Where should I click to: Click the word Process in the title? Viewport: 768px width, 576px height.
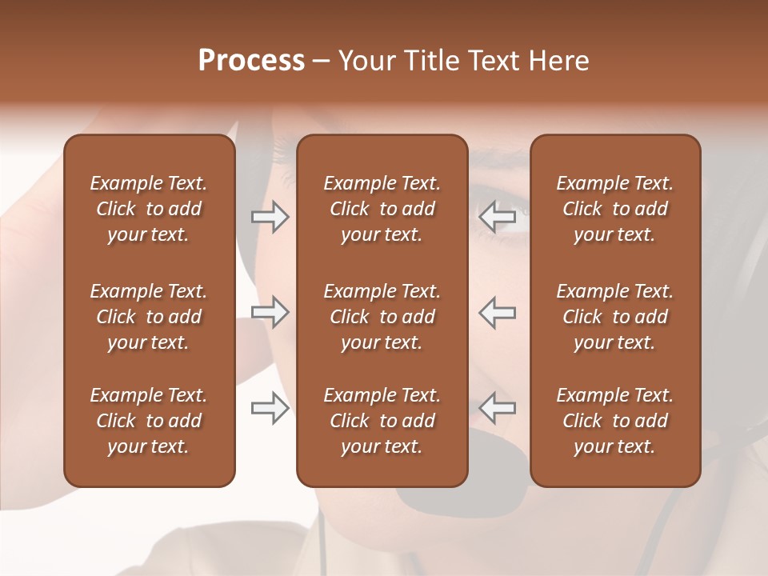coord(251,61)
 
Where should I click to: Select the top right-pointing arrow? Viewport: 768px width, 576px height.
coord(270,217)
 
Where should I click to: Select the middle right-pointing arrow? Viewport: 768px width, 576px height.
coord(270,312)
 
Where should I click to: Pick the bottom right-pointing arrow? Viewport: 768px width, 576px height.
coord(270,408)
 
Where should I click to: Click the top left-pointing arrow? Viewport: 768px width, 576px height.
coord(498,217)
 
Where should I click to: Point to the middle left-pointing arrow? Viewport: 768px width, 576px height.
coord(498,312)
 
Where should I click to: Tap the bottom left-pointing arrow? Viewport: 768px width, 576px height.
coord(498,408)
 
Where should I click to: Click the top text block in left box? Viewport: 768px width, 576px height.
coord(149,209)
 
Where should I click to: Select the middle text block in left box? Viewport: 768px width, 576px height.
coord(149,317)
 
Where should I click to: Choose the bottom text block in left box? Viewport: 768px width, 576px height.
coord(149,421)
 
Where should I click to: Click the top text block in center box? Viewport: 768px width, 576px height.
coord(382,209)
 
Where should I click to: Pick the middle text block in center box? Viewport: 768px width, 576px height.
coord(382,317)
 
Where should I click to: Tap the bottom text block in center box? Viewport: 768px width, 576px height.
coord(382,421)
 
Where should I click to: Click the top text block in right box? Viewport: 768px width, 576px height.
coord(614,209)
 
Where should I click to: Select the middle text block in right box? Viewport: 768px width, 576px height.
coord(614,317)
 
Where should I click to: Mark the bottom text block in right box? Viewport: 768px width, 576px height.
coord(614,421)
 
